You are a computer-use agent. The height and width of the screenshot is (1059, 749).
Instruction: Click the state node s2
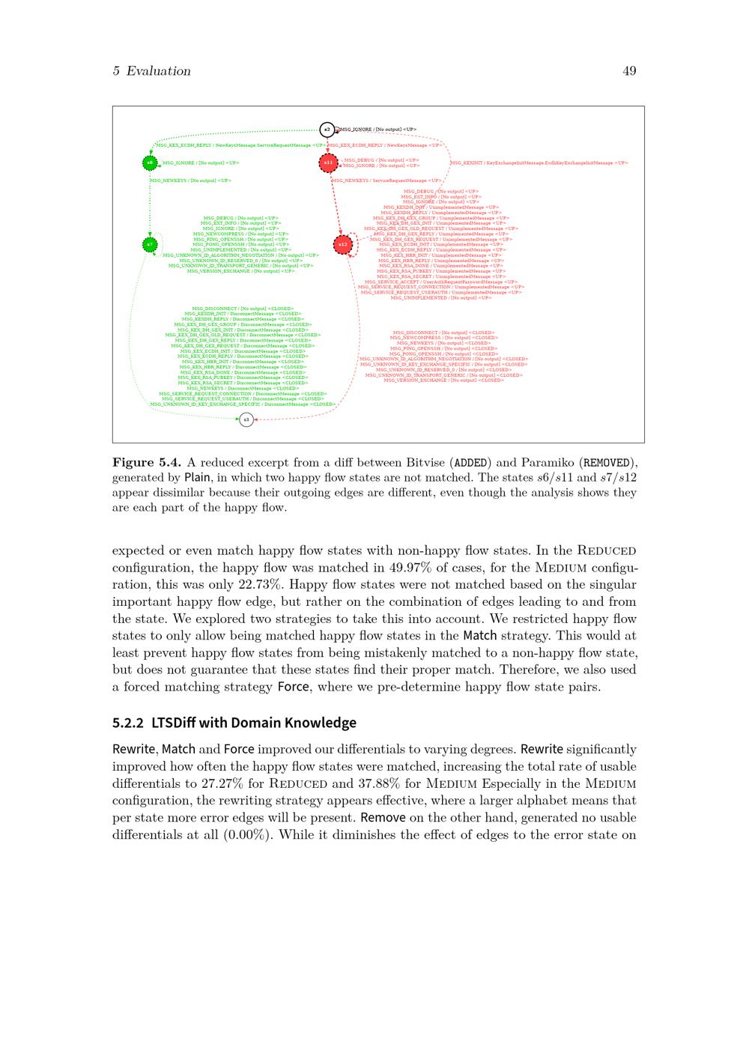point(327,130)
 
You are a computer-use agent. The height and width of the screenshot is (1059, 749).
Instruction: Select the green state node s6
point(150,163)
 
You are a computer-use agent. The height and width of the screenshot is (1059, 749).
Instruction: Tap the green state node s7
point(150,244)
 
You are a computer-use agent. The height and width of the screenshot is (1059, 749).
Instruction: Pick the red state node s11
point(328,163)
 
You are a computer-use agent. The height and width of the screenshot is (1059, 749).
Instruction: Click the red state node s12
point(342,244)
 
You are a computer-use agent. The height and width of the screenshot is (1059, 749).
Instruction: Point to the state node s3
point(246,419)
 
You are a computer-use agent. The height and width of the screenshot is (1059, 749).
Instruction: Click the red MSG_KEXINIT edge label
point(539,163)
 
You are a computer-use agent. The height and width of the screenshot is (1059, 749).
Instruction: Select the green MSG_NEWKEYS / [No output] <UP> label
point(190,180)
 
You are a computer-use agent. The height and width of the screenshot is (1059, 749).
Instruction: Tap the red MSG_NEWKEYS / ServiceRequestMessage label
point(387,180)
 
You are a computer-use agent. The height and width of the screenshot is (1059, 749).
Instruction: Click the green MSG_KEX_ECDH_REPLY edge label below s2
point(240,145)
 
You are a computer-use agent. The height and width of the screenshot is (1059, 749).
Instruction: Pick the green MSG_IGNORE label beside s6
point(201,163)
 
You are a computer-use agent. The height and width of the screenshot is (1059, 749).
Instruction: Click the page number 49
point(629,71)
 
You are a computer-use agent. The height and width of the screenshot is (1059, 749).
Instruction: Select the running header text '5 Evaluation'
point(151,71)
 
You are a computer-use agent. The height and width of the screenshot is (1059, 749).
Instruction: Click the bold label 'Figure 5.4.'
point(147,462)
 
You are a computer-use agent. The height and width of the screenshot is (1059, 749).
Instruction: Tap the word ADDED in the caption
point(471,462)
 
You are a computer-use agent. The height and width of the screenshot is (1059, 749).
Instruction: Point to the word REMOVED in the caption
point(608,462)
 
